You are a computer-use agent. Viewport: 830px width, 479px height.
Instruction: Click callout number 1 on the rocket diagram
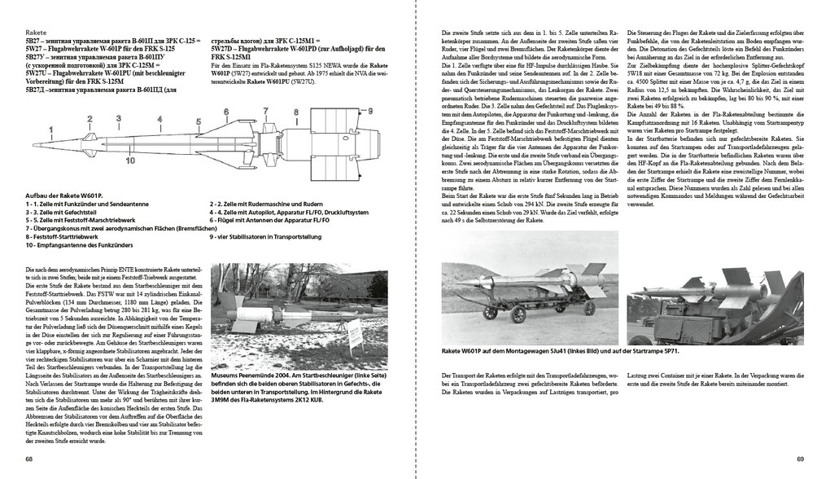[x=52, y=129]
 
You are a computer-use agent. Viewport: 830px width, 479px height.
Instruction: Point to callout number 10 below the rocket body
[x=130, y=160]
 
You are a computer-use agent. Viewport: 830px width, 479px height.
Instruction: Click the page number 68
[x=29, y=459]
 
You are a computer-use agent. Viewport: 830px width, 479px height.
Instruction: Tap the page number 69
[x=801, y=459]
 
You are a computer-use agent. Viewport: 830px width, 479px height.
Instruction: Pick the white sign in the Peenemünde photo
[x=355, y=335]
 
